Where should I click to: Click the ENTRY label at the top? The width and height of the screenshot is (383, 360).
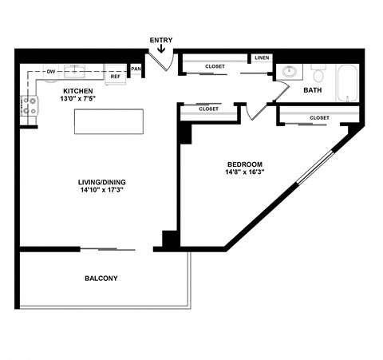(x=160, y=40)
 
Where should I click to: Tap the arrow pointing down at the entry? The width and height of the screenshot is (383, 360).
(x=161, y=50)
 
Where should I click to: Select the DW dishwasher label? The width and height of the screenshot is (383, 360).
(x=50, y=73)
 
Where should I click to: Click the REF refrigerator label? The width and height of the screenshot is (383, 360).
(x=115, y=77)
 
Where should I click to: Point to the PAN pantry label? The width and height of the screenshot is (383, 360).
(x=136, y=69)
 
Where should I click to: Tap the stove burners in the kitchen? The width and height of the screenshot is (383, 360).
(x=28, y=105)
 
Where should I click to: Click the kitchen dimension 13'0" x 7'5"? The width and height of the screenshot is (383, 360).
(x=79, y=100)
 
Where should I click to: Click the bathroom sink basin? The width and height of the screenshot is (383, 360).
(x=290, y=73)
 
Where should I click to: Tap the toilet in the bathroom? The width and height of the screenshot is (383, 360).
(x=318, y=74)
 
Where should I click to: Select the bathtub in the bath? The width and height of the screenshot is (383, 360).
(x=347, y=82)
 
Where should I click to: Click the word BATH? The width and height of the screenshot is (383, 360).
(x=312, y=91)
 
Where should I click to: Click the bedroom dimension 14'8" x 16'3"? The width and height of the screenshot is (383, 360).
(x=245, y=172)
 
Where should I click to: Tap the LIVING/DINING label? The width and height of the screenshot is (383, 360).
(x=102, y=182)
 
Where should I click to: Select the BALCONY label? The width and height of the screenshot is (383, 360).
(x=101, y=279)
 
